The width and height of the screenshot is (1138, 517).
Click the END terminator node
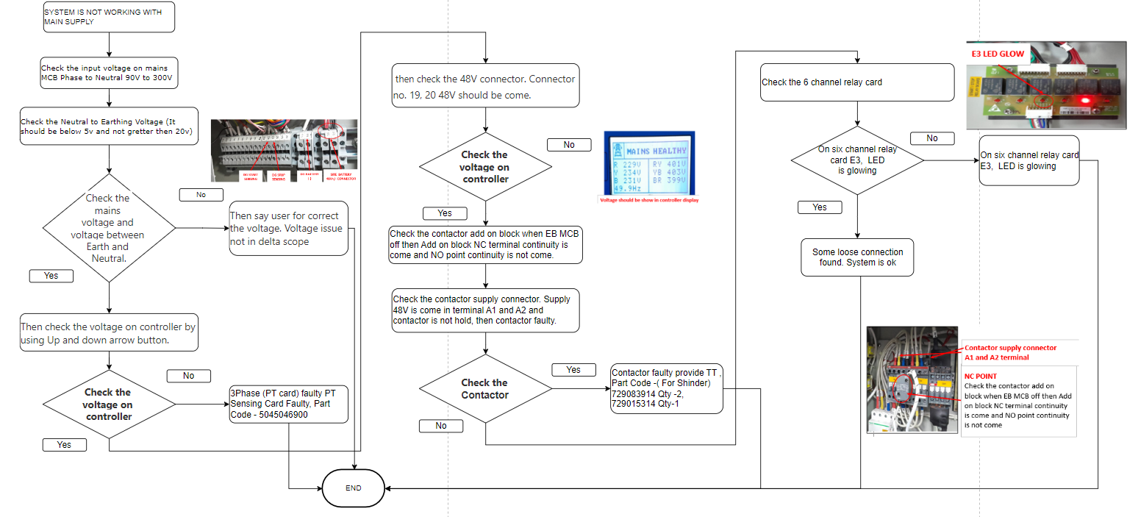tap(353, 488)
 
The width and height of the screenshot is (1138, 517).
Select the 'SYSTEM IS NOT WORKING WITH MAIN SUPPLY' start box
tap(109, 17)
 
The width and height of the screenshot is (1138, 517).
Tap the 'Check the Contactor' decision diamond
tap(484, 389)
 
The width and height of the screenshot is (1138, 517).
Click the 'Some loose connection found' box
tap(857, 257)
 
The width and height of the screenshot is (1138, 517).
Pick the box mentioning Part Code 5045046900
tap(289, 404)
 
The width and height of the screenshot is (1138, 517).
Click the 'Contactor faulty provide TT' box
tap(667, 388)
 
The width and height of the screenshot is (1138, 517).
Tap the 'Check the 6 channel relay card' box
tap(857, 82)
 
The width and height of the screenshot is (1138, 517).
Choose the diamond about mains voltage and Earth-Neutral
tap(109, 228)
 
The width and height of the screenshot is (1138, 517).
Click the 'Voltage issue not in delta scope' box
tap(289, 228)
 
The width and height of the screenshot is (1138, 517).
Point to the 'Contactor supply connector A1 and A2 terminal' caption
tap(1010, 352)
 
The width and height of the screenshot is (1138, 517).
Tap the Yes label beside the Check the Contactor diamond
tap(573, 370)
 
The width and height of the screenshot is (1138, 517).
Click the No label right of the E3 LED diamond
tap(931, 138)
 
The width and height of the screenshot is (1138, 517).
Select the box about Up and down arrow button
tap(109, 333)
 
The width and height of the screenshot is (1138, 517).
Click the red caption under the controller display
tap(649, 200)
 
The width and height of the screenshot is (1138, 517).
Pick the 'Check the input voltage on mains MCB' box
tap(109, 73)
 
